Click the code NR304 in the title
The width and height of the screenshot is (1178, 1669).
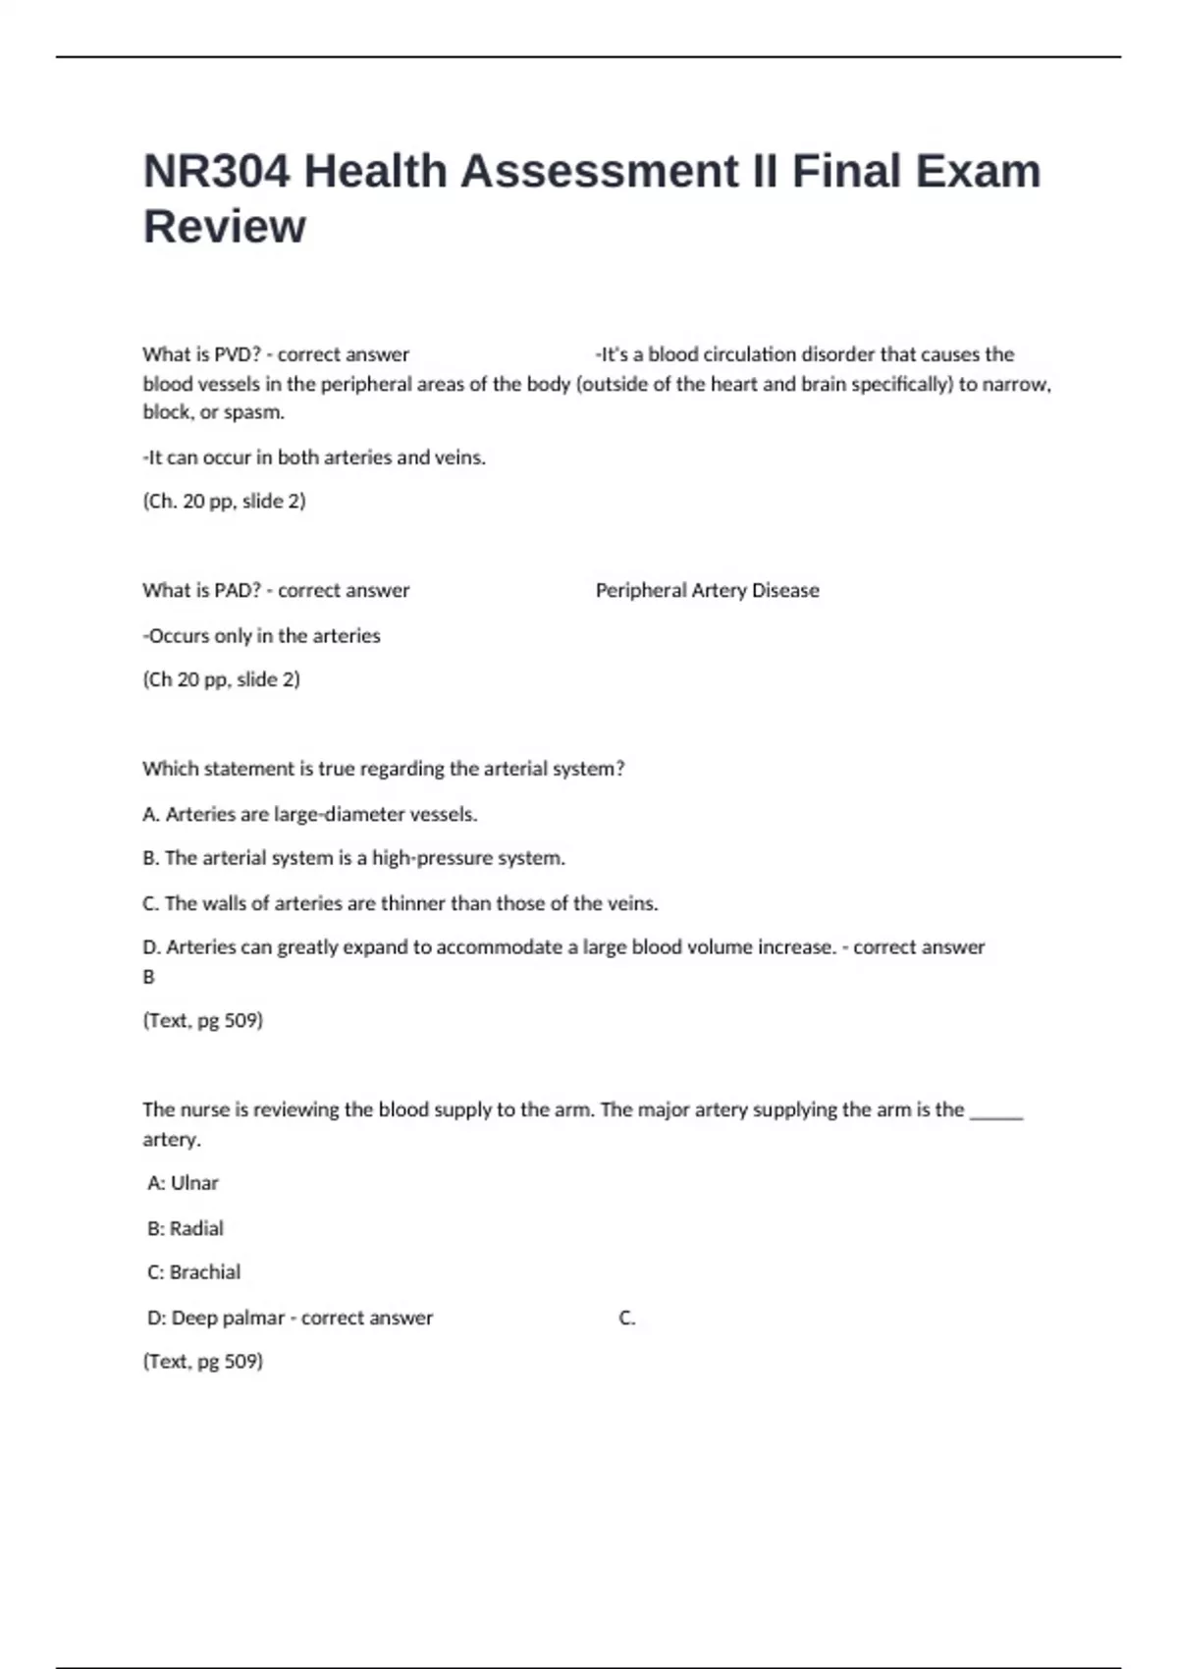coord(217,172)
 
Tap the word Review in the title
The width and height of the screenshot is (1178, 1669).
coord(225,227)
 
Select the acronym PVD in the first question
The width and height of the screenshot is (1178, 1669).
coord(235,354)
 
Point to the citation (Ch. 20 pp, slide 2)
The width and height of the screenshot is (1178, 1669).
coord(224,502)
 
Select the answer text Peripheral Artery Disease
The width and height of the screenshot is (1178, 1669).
coord(707,591)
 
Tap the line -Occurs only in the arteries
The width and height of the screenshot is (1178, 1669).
coord(261,636)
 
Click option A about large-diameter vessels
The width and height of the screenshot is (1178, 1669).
coord(310,815)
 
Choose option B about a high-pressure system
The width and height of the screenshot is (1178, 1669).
coord(353,859)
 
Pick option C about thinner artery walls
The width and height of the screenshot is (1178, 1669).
coord(401,904)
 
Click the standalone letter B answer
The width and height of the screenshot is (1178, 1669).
coord(149,978)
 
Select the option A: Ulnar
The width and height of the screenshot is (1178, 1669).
coord(183,1184)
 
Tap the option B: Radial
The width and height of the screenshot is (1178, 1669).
coord(186,1229)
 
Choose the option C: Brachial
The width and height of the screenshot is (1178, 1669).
coord(193,1273)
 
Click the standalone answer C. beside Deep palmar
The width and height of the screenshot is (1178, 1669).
coord(627,1319)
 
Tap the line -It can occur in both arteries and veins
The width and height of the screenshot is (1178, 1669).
coord(314,458)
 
